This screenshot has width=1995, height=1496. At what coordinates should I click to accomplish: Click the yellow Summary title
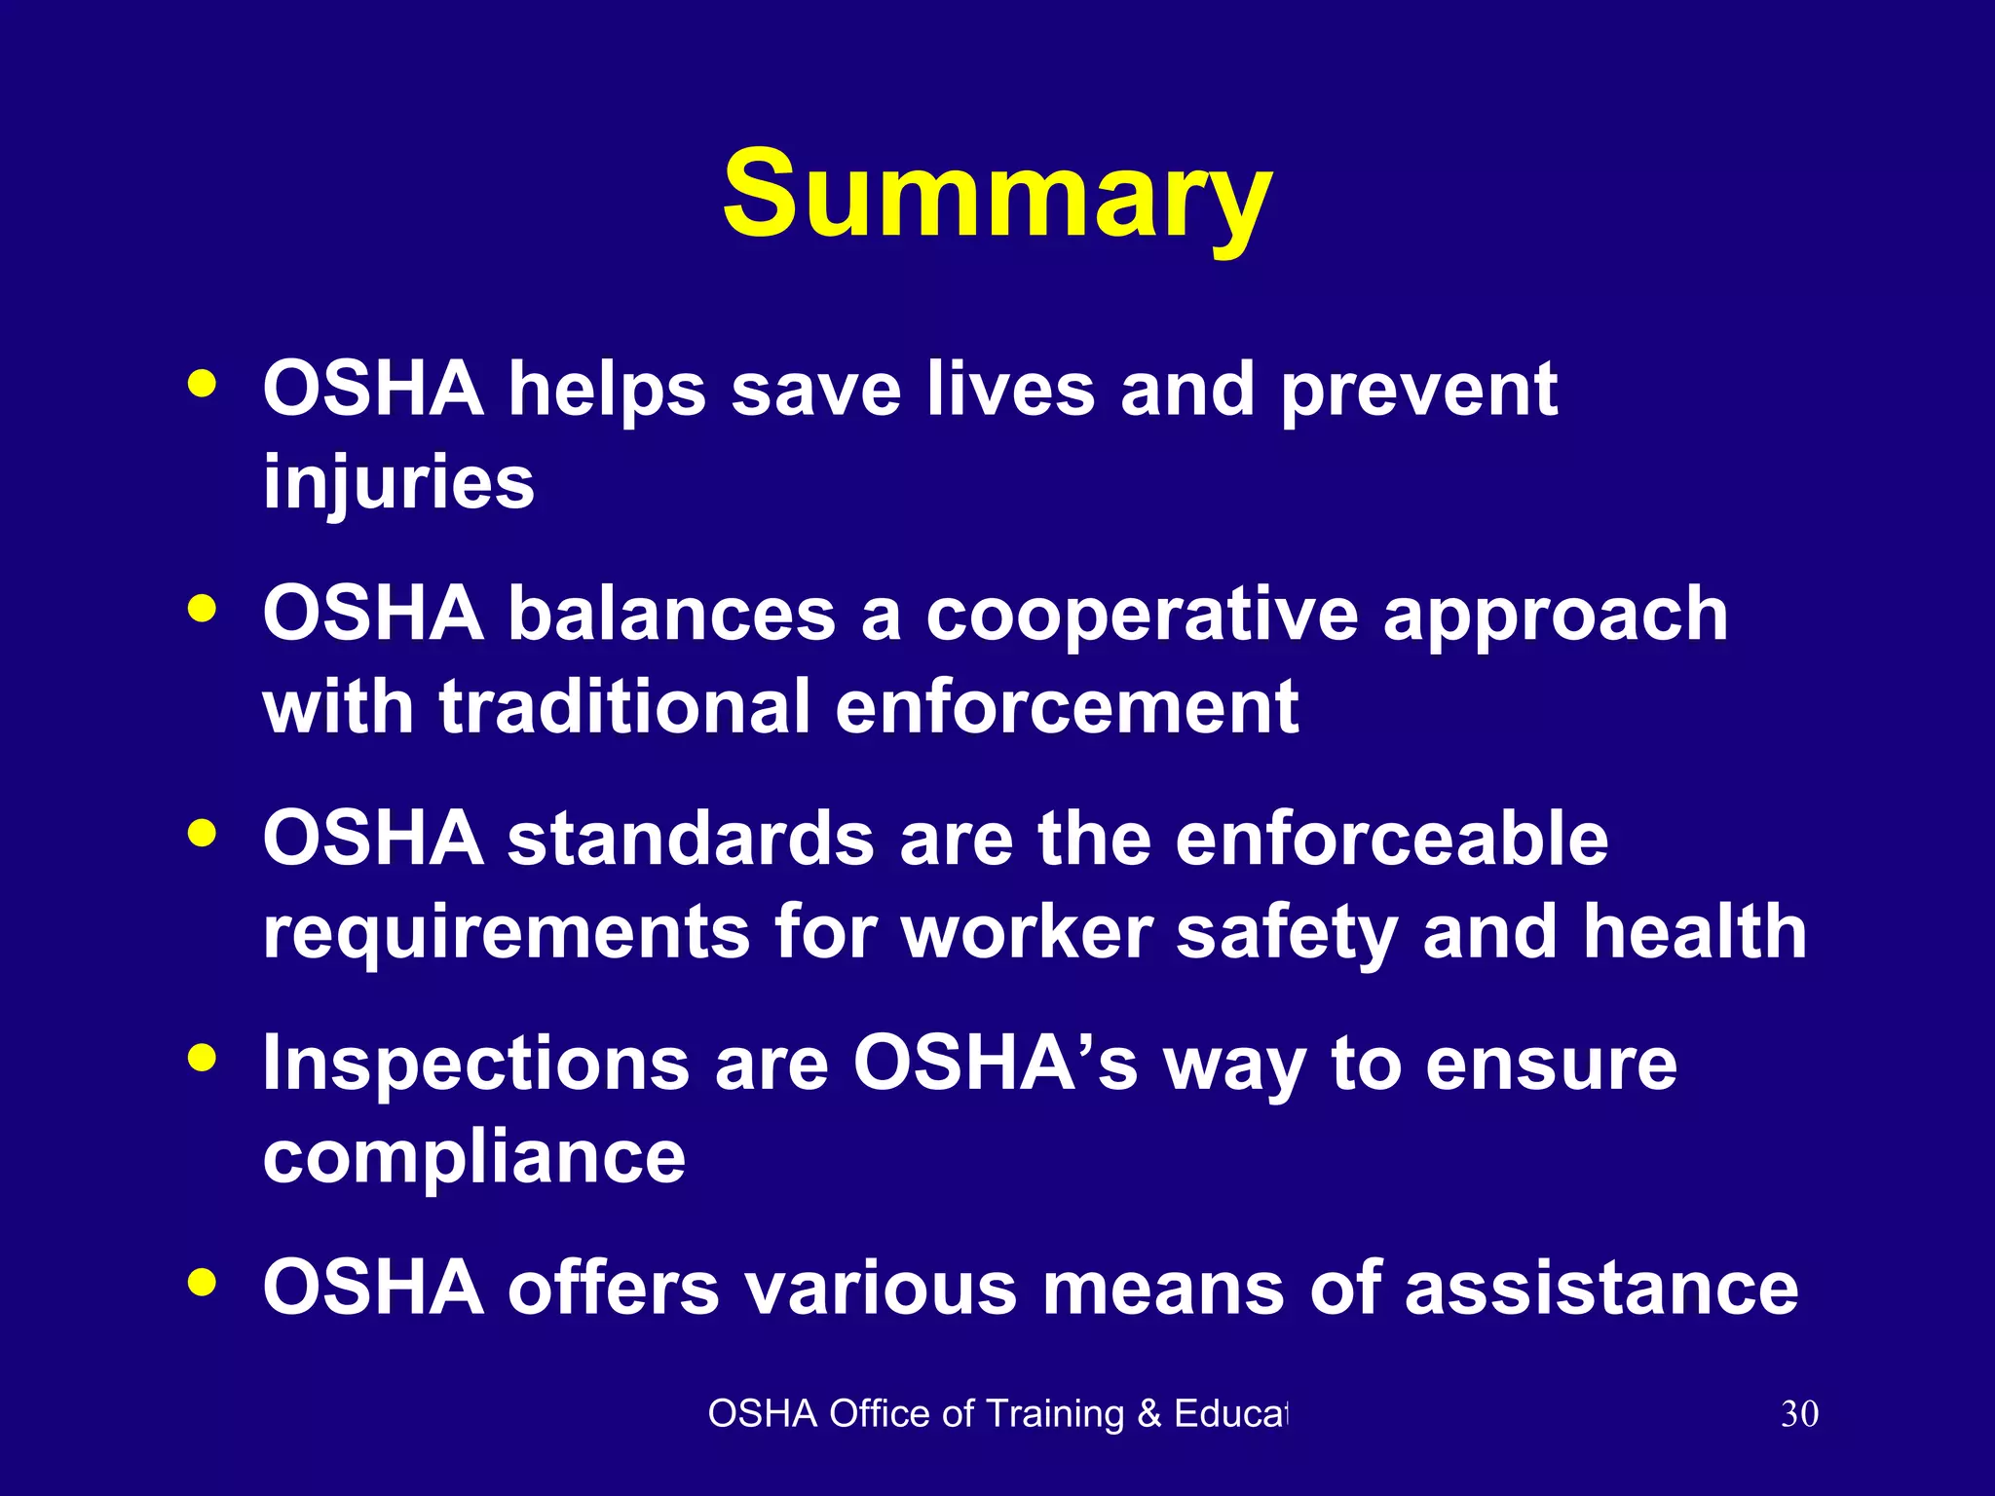[997, 195]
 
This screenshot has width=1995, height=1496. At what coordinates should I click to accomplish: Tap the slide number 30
[1798, 1414]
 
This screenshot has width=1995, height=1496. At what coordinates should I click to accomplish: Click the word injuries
[398, 482]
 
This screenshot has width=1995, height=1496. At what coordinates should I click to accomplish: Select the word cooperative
[1141, 616]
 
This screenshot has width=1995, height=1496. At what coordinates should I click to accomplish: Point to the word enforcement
[1067, 707]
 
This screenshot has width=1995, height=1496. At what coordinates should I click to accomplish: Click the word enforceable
[1391, 839]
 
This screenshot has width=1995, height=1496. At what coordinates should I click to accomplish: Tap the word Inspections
[476, 1064]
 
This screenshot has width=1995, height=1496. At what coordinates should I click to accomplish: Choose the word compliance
[474, 1157]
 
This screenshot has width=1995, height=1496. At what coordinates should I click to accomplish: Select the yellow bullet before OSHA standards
[203, 834]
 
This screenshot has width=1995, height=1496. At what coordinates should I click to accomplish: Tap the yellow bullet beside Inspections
[203, 1059]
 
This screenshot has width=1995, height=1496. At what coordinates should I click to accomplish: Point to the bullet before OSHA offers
[203, 1283]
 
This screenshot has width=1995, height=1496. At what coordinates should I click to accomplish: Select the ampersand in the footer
[1149, 1414]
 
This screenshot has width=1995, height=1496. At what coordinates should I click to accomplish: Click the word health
[1694, 932]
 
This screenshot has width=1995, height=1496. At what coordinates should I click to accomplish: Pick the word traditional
[624, 707]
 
